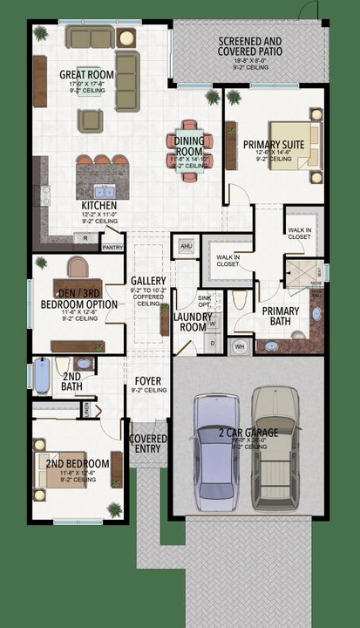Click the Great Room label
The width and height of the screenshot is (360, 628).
click(x=85, y=75)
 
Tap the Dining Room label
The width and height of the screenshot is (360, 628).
click(x=189, y=146)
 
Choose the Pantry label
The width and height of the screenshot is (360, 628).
click(x=112, y=248)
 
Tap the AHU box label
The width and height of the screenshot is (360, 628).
click(x=184, y=246)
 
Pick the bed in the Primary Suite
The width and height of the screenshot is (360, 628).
click(x=295, y=145)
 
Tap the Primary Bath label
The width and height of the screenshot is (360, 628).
click(x=281, y=316)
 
